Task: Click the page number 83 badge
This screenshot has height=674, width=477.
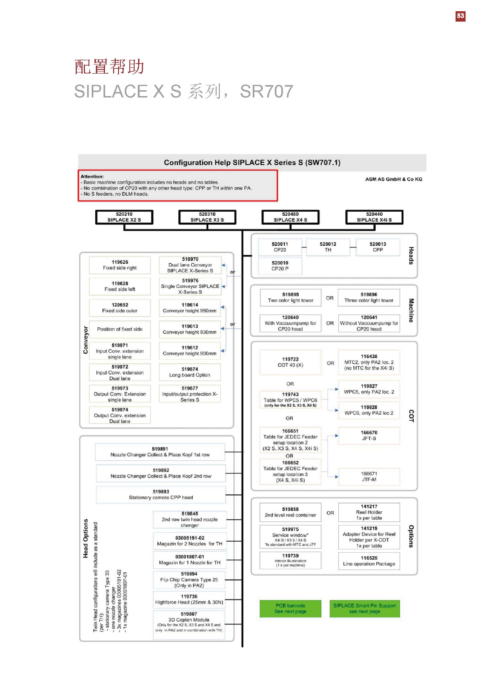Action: (460, 16)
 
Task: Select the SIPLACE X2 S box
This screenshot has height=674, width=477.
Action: (124, 217)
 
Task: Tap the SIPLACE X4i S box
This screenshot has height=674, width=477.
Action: (374, 217)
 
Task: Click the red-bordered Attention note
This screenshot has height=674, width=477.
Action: (177, 185)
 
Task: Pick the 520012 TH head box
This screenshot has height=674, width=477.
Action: (328, 247)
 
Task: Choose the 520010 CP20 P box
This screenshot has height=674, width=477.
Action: (280, 266)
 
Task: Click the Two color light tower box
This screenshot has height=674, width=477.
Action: (290, 297)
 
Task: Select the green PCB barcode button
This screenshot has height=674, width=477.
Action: (290, 608)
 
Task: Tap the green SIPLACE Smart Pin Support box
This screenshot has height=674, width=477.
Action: (364, 608)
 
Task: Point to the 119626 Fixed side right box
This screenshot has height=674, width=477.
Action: (120, 265)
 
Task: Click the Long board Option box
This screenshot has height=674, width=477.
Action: (189, 372)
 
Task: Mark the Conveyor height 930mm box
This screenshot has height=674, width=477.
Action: (189, 329)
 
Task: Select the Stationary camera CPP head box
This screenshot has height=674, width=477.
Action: (161, 495)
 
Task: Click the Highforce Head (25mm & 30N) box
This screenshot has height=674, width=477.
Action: (189, 600)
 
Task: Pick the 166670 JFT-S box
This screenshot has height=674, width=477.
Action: (369, 435)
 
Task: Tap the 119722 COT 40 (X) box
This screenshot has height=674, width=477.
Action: (290, 362)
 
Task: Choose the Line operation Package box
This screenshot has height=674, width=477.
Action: (369, 561)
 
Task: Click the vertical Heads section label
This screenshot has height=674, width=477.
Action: (411, 255)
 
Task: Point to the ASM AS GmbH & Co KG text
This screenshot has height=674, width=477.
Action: (393, 179)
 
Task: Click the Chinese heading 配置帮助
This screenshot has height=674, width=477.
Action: (109, 66)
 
